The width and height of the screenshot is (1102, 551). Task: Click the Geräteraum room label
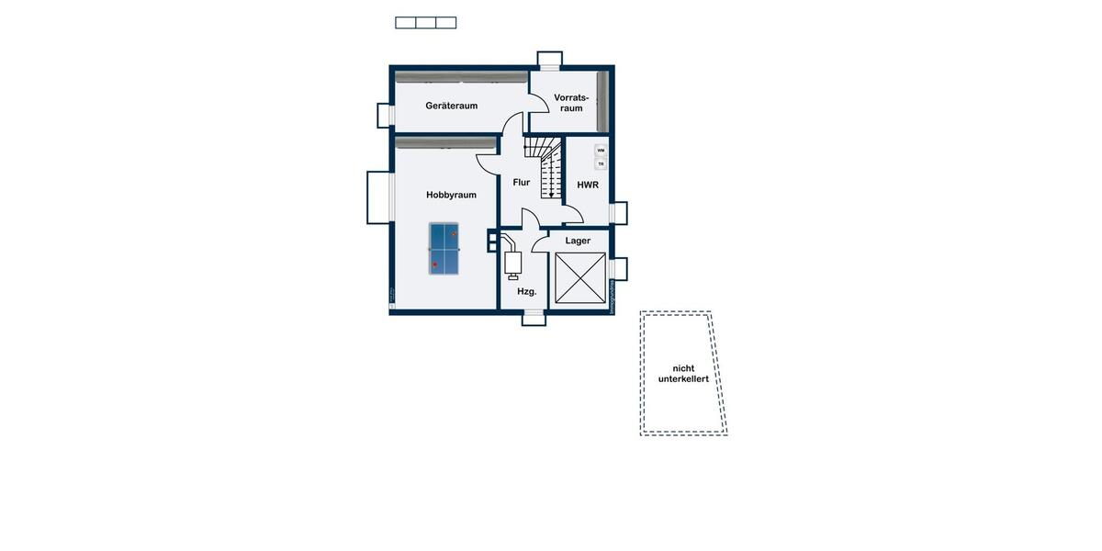click(451, 106)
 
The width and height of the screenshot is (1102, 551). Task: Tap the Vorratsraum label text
click(571, 102)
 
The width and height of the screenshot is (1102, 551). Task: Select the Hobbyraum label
click(451, 195)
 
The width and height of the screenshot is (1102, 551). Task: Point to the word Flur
click(522, 182)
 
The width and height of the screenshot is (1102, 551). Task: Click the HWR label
click(588, 186)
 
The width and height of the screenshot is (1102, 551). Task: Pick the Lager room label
click(578, 241)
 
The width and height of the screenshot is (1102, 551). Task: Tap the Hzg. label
click(526, 291)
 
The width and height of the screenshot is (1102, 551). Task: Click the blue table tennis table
click(444, 248)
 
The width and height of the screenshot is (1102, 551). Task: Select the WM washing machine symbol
click(601, 150)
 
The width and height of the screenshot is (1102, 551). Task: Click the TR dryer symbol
click(601, 163)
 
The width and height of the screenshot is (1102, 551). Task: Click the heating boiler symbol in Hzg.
click(512, 261)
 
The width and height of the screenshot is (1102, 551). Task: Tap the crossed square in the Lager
click(579, 278)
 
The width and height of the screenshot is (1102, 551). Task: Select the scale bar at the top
click(425, 22)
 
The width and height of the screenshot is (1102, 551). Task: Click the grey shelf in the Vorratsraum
click(602, 101)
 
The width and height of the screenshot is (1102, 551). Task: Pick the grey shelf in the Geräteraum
click(461, 77)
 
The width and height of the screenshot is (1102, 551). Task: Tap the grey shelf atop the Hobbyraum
click(445, 142)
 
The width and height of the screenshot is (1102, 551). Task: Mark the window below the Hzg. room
click(534, 319)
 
